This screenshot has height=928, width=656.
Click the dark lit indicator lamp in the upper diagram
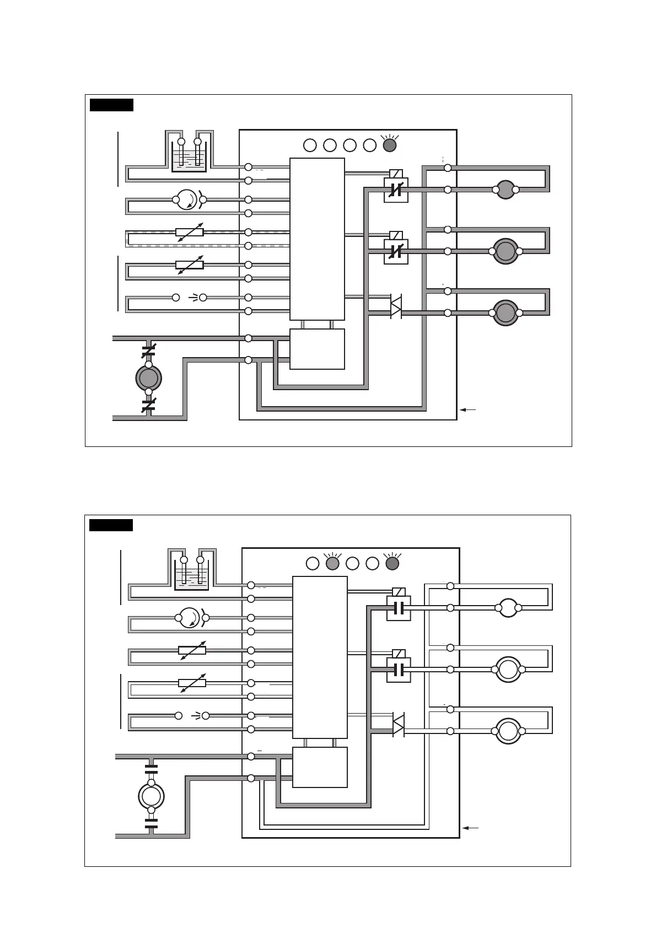[x=389, y=145]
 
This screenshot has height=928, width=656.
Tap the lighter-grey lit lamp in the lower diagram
[x=332, y=564]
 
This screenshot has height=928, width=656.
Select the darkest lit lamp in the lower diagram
[x=392, y=564]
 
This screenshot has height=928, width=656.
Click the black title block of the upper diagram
[x=112, y=105]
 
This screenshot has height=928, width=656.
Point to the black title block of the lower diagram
[x=111, y=525]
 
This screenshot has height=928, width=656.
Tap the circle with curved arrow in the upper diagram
[x=189, y=199]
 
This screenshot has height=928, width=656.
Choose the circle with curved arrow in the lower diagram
[x=191, y=618]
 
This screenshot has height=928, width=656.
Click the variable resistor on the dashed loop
[x=190, y=232]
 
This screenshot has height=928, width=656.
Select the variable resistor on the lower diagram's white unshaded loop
[x=192, y=683]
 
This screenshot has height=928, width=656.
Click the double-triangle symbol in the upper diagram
[x=396, y=307]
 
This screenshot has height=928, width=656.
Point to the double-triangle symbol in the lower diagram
[x=398, y=725]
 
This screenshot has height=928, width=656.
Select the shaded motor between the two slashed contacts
[x=148, y=378]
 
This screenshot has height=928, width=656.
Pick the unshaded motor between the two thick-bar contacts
[x=151, y=796]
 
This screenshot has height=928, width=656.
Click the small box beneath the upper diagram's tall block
[x=317, y=349]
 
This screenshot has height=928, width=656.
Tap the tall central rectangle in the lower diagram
[x=320, y=657]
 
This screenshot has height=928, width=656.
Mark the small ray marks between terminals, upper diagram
[x=193, y=298]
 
